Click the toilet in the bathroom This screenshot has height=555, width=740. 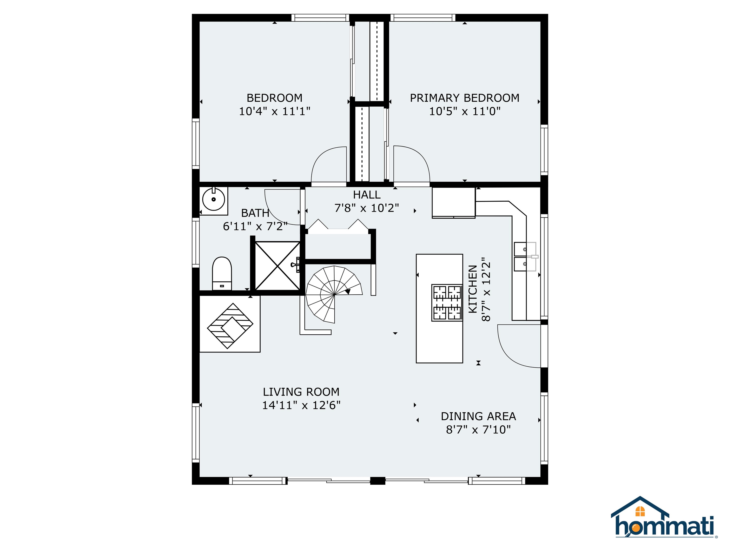point(222,273)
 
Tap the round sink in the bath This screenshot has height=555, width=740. point(213,199)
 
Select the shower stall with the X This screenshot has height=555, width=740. point(277,266)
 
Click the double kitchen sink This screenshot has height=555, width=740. point(525,257)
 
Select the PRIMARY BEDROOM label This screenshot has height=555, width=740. point(464,98)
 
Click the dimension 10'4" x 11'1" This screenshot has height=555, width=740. point(274,111)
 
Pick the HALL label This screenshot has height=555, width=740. point(367,195)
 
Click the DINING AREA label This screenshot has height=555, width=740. point(478,416)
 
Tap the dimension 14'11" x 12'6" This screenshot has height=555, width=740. point(301,405)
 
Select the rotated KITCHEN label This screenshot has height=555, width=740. point(472,289)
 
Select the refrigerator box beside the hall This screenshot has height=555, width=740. point(453,202)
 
